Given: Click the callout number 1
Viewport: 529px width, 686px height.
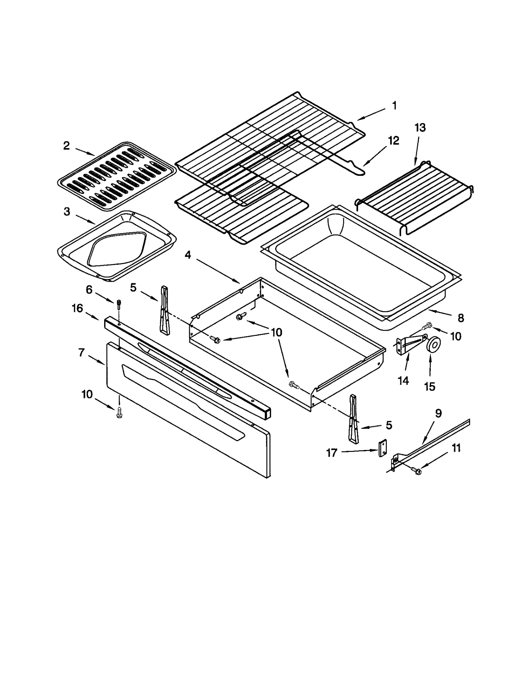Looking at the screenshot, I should pos(394,106).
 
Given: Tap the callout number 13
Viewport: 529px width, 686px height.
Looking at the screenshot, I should pos(420,128).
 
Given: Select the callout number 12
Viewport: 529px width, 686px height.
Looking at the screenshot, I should pos(393,141).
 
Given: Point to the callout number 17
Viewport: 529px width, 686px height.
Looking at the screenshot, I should pos(332,453).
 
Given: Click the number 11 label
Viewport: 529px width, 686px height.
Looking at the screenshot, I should pos(456,448).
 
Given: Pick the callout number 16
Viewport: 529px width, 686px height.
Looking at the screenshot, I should pos(77,308).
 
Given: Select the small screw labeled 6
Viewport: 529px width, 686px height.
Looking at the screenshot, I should pos(118,304).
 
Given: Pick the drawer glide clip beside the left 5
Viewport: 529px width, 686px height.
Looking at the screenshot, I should pos(164,310).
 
